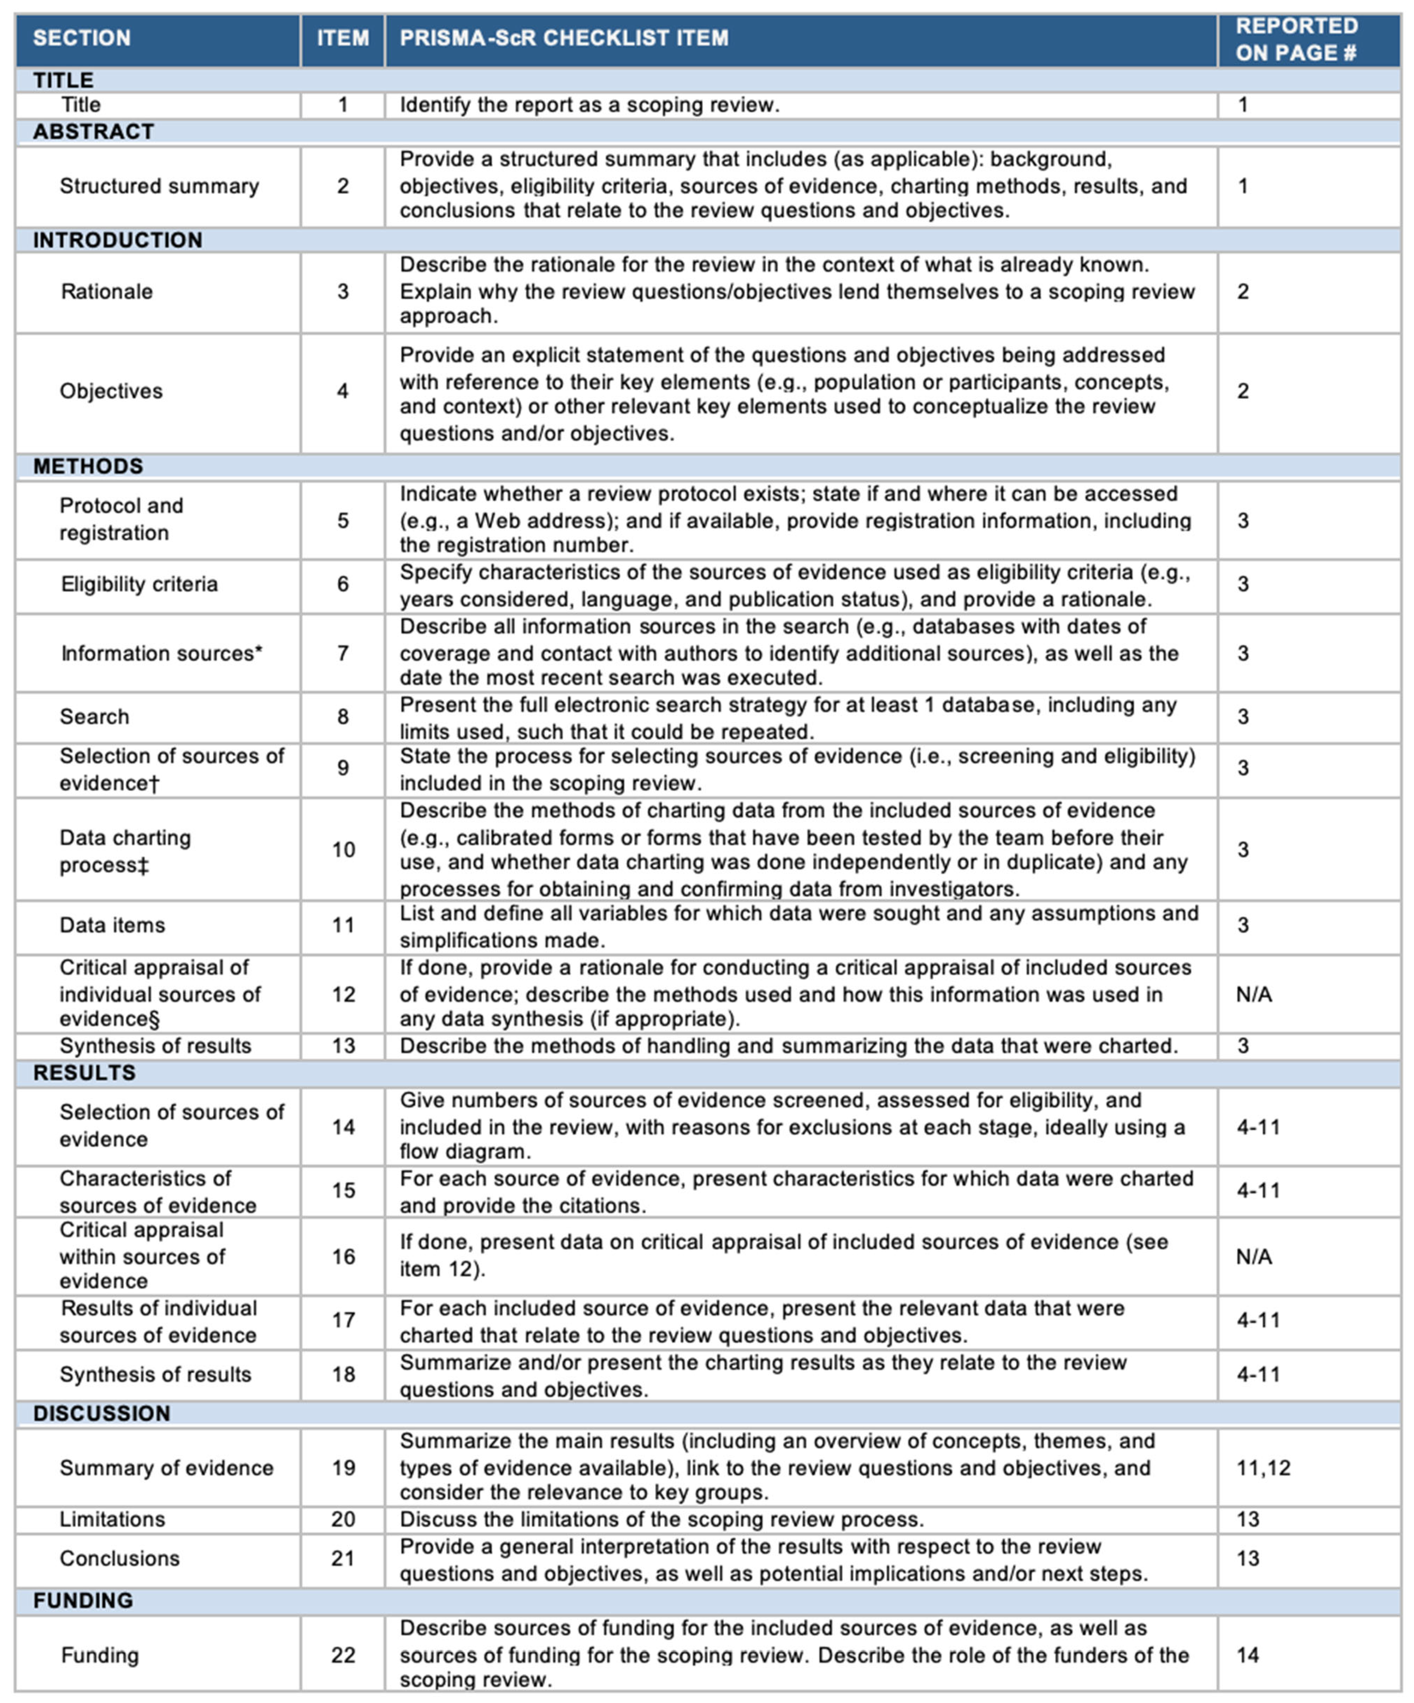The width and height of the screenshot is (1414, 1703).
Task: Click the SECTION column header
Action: tap(82, 38)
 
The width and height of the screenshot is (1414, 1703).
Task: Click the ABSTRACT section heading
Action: tap(93, 131)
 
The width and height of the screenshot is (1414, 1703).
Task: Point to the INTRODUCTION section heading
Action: tap(117, 240)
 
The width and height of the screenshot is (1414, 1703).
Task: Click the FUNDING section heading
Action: tap(83, 1600)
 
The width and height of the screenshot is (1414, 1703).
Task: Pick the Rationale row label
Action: tap(106, 292)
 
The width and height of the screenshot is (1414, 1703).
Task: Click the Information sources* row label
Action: tap(162, 653)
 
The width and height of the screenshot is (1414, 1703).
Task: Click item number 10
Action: tap(343, 850)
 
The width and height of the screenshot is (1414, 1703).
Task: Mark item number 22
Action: tap(343, 1655)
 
